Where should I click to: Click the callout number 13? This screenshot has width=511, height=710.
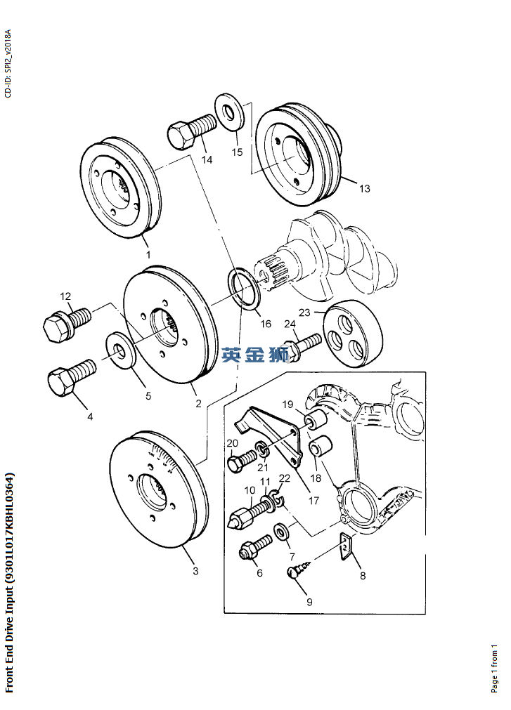(365, 188)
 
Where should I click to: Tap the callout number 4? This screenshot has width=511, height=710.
(90, 416)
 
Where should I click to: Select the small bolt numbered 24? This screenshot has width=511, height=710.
(302, 346)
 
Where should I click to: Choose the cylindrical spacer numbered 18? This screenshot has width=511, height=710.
(321, 447)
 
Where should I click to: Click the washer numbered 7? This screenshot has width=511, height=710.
(280, 532)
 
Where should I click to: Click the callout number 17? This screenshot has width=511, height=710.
(313, 500)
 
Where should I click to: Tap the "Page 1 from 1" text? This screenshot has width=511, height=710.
(495, 669)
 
